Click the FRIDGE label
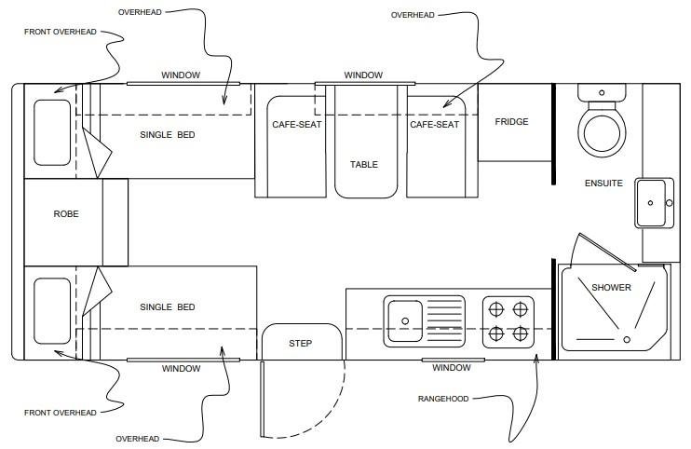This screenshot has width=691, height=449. click(x=511, y=122)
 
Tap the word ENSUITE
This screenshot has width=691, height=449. click(x=603, y=184)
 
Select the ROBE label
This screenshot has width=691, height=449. click(x=66, y=214)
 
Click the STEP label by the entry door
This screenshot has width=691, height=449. click(x=301, y=343)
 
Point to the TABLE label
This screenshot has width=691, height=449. click(x=364, y=165)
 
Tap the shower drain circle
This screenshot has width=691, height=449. click(x=627, y=339)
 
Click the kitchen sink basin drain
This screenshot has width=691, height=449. click(x=405, y=321)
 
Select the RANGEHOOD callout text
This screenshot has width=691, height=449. click(x=443, y=399)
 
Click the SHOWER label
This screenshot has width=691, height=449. click(x=611, y=288)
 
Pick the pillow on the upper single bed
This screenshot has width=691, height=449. click(x=52, y=132)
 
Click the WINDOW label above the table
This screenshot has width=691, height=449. click(x=363, y=75)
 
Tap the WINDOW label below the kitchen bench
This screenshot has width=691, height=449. click(x=452, y=368)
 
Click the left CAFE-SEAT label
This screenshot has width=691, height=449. click(x=296, y=125)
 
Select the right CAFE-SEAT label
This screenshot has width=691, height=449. click(x=434, y=125)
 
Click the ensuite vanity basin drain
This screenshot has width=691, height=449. click(x=650, y=203)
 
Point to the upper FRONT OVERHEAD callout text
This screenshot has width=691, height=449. click(x=61, y=33)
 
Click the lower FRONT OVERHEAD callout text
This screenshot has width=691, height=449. click(x=61, y=413)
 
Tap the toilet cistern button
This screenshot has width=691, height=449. click(x=602, y=92)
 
